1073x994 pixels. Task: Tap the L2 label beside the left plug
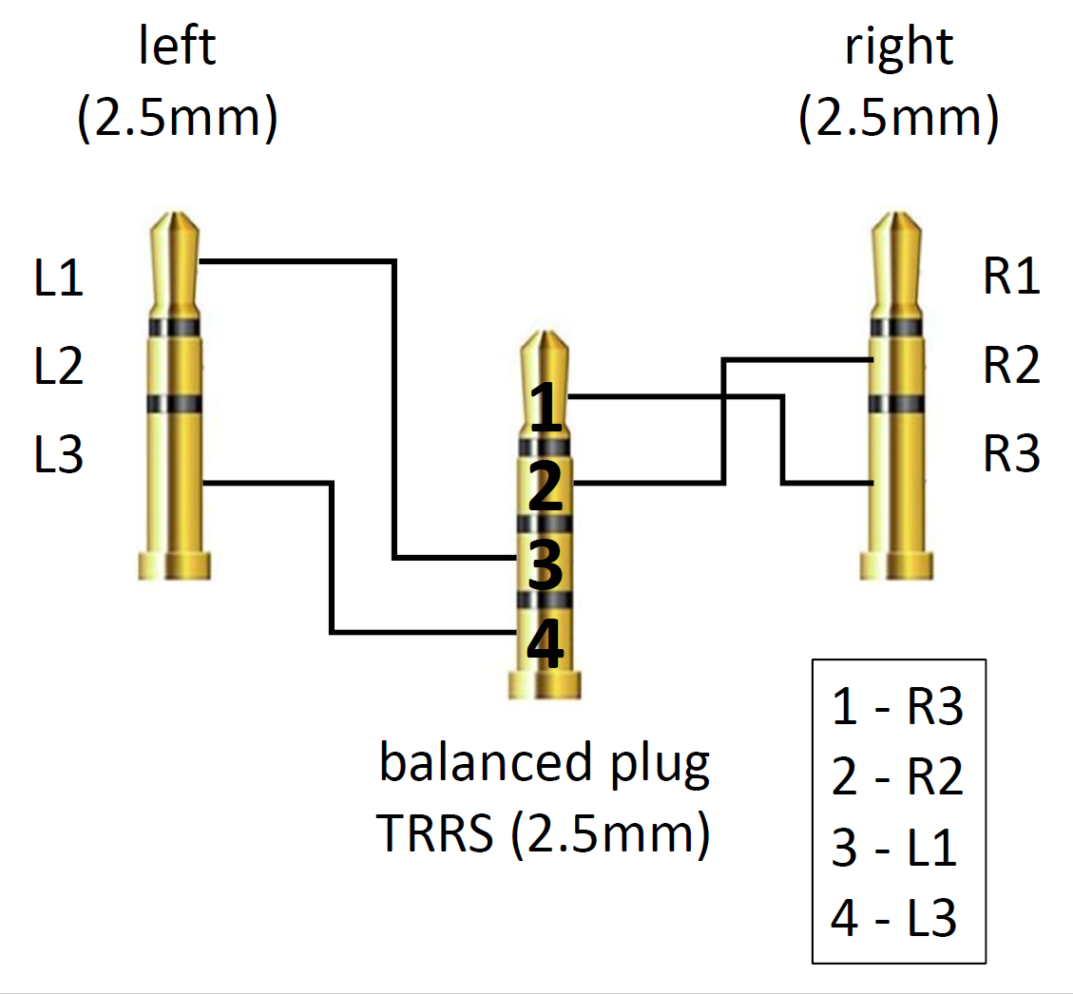pos(59,366)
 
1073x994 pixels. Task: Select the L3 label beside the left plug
pos(59,454)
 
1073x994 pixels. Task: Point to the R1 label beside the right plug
pos(1012,278)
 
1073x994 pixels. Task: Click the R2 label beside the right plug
pos(1012,366)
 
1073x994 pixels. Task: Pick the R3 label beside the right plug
pos(1012,454)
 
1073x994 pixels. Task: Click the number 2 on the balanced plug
pos(546,488)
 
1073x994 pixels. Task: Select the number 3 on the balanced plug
pos(546,567)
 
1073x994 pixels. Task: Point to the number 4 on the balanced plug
pos(546,645)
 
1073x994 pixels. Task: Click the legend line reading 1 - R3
pos(897,708)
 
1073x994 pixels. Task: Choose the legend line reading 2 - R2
pos(897,778)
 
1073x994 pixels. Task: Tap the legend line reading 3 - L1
pos(893,849)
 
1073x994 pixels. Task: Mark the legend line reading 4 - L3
pos(893,919)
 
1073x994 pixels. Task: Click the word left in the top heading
pos(178,47)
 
